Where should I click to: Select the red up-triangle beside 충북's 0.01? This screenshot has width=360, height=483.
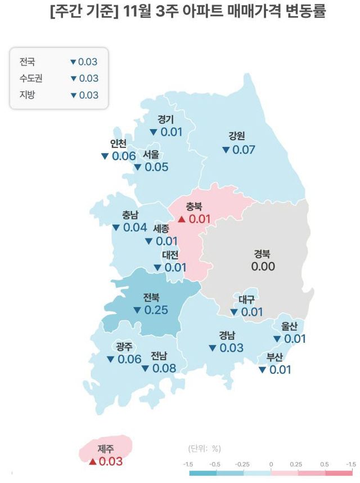(181, 218)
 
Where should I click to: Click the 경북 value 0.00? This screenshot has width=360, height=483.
(263, 266)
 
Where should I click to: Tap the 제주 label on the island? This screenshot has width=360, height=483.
(105, 449)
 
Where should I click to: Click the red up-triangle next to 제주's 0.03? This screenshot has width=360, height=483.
(92, 462)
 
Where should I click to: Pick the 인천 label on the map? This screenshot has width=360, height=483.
(119, 142)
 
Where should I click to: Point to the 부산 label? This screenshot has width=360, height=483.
(274, 356)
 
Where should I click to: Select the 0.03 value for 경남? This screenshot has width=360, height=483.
(231, 348)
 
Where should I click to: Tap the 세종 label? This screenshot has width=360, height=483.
(164, 229)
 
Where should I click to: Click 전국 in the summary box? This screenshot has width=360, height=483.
(27, 61)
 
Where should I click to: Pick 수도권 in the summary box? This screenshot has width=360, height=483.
(31, 78)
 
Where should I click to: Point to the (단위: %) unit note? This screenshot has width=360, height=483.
(204, 449)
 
